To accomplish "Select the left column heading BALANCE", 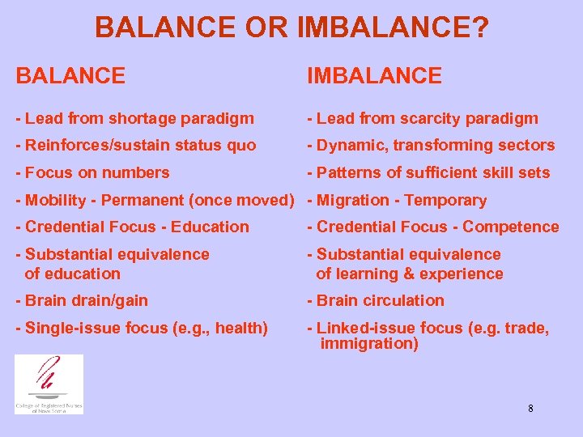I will pos(70,76).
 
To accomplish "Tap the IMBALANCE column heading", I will pos(373,76).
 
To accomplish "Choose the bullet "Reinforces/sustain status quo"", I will pos(135,146).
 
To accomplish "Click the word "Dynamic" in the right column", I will pos(346,146).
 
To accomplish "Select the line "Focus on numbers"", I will pos(92,172).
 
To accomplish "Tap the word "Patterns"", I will pos(347,172).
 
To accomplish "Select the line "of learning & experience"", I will pos(409,274).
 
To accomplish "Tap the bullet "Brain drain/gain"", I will pos(82,300).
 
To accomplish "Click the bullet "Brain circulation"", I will pos(375,300).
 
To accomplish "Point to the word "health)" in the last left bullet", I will pos(240,328).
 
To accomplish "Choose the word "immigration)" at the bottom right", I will pos(369,344).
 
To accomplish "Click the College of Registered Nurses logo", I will pos(49,384).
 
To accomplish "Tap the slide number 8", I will pos(530,409).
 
